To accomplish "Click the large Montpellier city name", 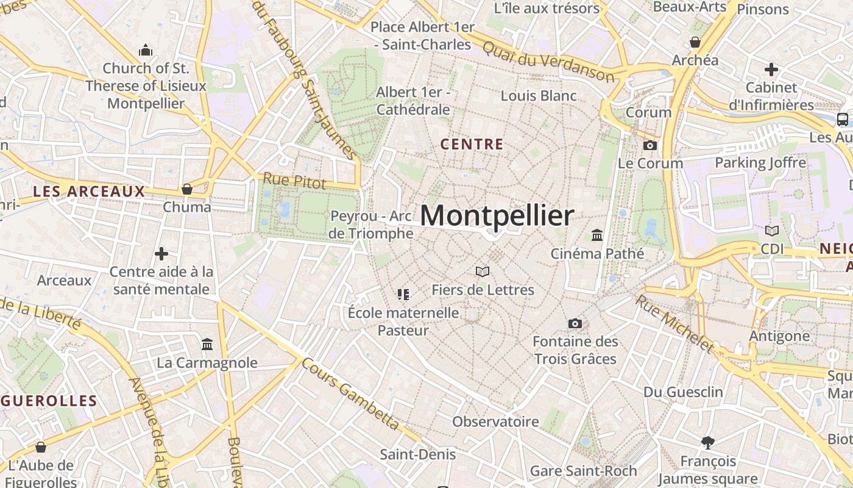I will pyautogui.click(x=497, y=217).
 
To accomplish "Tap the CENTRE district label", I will pyautogui.click(x=472, y=145).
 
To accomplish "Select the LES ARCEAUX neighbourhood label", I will pyautogui.click(x=89, y=192).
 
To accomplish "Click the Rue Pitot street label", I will pyautogui.click(x=294, y=180).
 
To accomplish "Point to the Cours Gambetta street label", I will pyautogui.click(x=351, y=393).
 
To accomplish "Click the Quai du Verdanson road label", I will pyautogui.click(x=548, y=60).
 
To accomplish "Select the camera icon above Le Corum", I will pyautogui.click(x=650, y=145).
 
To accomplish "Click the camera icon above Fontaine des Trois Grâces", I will pyautogui.click(x=575, y=323).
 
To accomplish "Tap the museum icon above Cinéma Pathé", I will pyautogui.click(x=597, y=235).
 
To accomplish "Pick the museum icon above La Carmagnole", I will pyautogui.click(x=207, y=345).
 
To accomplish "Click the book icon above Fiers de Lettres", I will pyautogui.click(x=483, y=271).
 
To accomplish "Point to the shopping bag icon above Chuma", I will pyautogui.click(x=187, y=189).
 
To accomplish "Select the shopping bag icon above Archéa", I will pyautogui.click(x=695, y=42).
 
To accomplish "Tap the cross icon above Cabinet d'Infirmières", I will pyautogui.click(x=771, y=70).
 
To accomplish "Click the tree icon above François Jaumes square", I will pyautogui.click(x=708, y=442).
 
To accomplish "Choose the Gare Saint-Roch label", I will pyautogui.click(x=583, y=471).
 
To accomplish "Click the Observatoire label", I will pyautogui.click(x=495, y=422).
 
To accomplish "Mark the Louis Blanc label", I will pyautogui.click(x=539, y=96).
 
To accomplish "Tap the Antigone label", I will pyautogui.click(x=779, y=336).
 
